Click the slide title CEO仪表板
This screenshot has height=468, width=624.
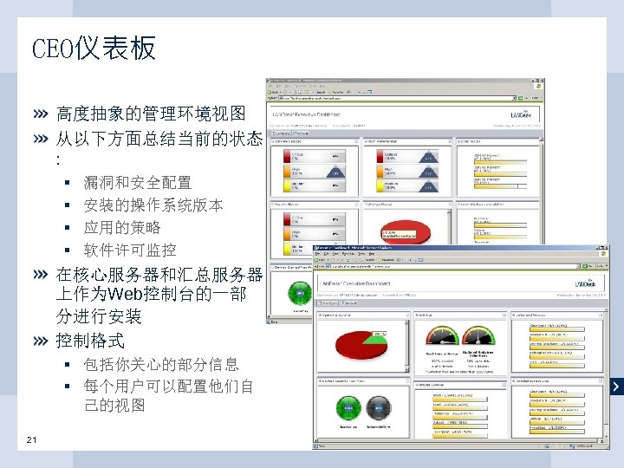[x=94, y=49]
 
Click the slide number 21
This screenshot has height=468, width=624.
[x=32, y=439]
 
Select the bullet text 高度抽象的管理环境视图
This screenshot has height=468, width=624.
[x=151, y=114]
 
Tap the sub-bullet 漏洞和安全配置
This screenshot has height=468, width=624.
[x=137, y=183]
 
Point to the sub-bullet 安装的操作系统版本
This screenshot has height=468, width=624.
[x=153, y=205]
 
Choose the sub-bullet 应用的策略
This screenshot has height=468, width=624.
[x=121, y=228]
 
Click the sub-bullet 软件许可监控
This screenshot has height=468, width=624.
[x=129, y=250]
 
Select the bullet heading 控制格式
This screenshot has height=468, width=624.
[x=90, y=340]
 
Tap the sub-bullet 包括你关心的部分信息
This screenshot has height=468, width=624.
[x=161, y=364]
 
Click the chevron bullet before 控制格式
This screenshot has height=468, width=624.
[x=42, y=340]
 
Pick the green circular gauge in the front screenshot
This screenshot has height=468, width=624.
[x=348, y=406]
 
